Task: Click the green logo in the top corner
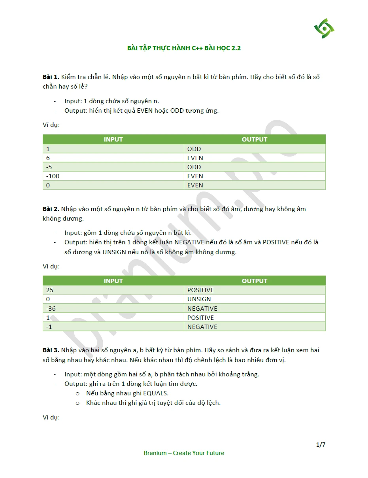[324, 28]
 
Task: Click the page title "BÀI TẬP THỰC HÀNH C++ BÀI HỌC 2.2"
[184, 48]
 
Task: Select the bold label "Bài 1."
[51, 77]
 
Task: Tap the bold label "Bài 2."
[51, 209]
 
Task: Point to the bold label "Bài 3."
[51, 350]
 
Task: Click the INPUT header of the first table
[113, 139]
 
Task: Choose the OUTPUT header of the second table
[254, 281]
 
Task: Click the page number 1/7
[321, 445]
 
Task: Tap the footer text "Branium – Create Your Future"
[184, 453]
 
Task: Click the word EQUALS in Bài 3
[155, 393]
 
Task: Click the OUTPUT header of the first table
[254, 139]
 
